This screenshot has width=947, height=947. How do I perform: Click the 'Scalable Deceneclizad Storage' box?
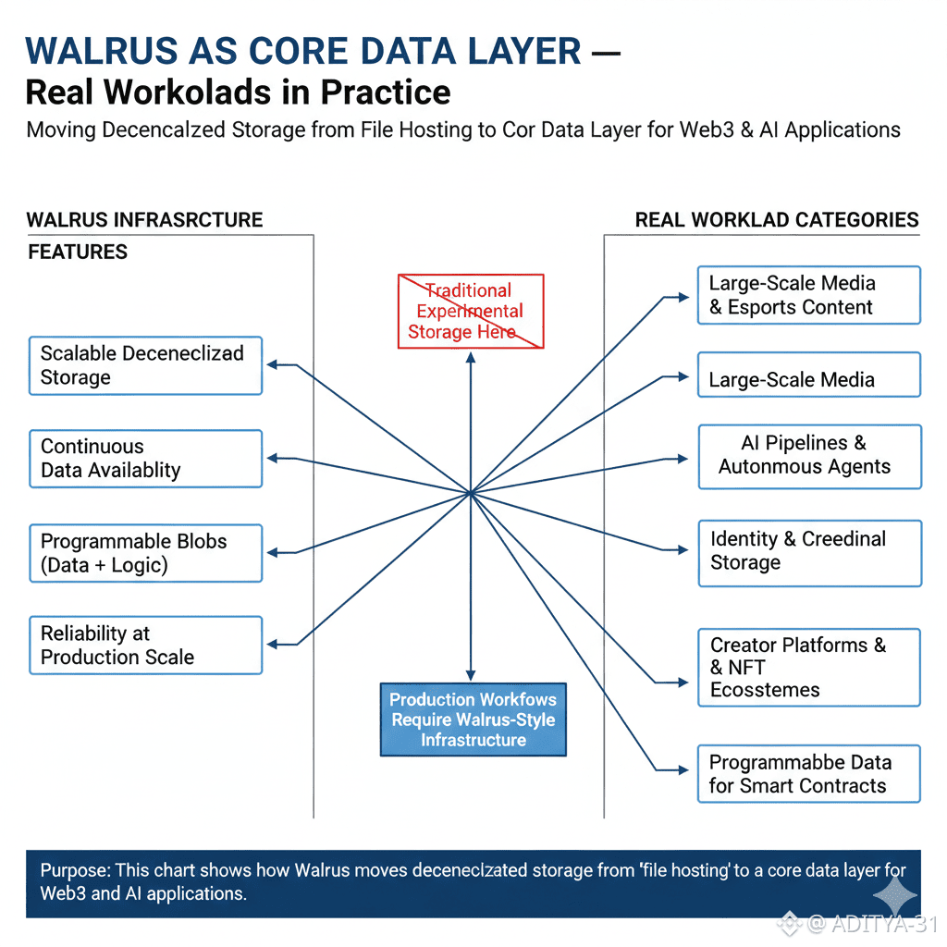click(x=145, y=365)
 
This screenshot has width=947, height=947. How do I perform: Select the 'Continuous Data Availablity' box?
click(x=145, y=459)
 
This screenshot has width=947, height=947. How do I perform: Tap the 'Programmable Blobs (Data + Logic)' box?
click(x=145, y=553)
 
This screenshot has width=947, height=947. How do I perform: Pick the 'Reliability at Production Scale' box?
click(x=145, y=645)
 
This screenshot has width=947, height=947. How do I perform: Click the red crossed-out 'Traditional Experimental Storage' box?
click(x=470, y=311)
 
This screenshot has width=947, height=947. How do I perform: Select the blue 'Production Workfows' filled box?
click(x=473, y=719)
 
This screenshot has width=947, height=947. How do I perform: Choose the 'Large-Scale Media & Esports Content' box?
click(x=808, y=295)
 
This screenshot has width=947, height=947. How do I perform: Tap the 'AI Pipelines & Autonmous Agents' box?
click(x=808, y=456)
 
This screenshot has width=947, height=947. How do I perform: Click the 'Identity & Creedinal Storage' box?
click(x=808, y=552)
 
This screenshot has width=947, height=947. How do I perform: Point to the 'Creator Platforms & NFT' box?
click(x=808, y=667)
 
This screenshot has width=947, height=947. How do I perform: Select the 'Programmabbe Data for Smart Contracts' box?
click(x=808, y=774)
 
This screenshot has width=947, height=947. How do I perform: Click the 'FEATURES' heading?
click(x=78, y=252)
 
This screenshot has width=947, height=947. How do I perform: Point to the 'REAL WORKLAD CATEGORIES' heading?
click(x=777, y=220)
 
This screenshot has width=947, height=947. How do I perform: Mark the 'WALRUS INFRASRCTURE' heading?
click(x=144, y=220)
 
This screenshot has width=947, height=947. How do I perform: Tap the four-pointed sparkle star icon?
click(x=894, y=895)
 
